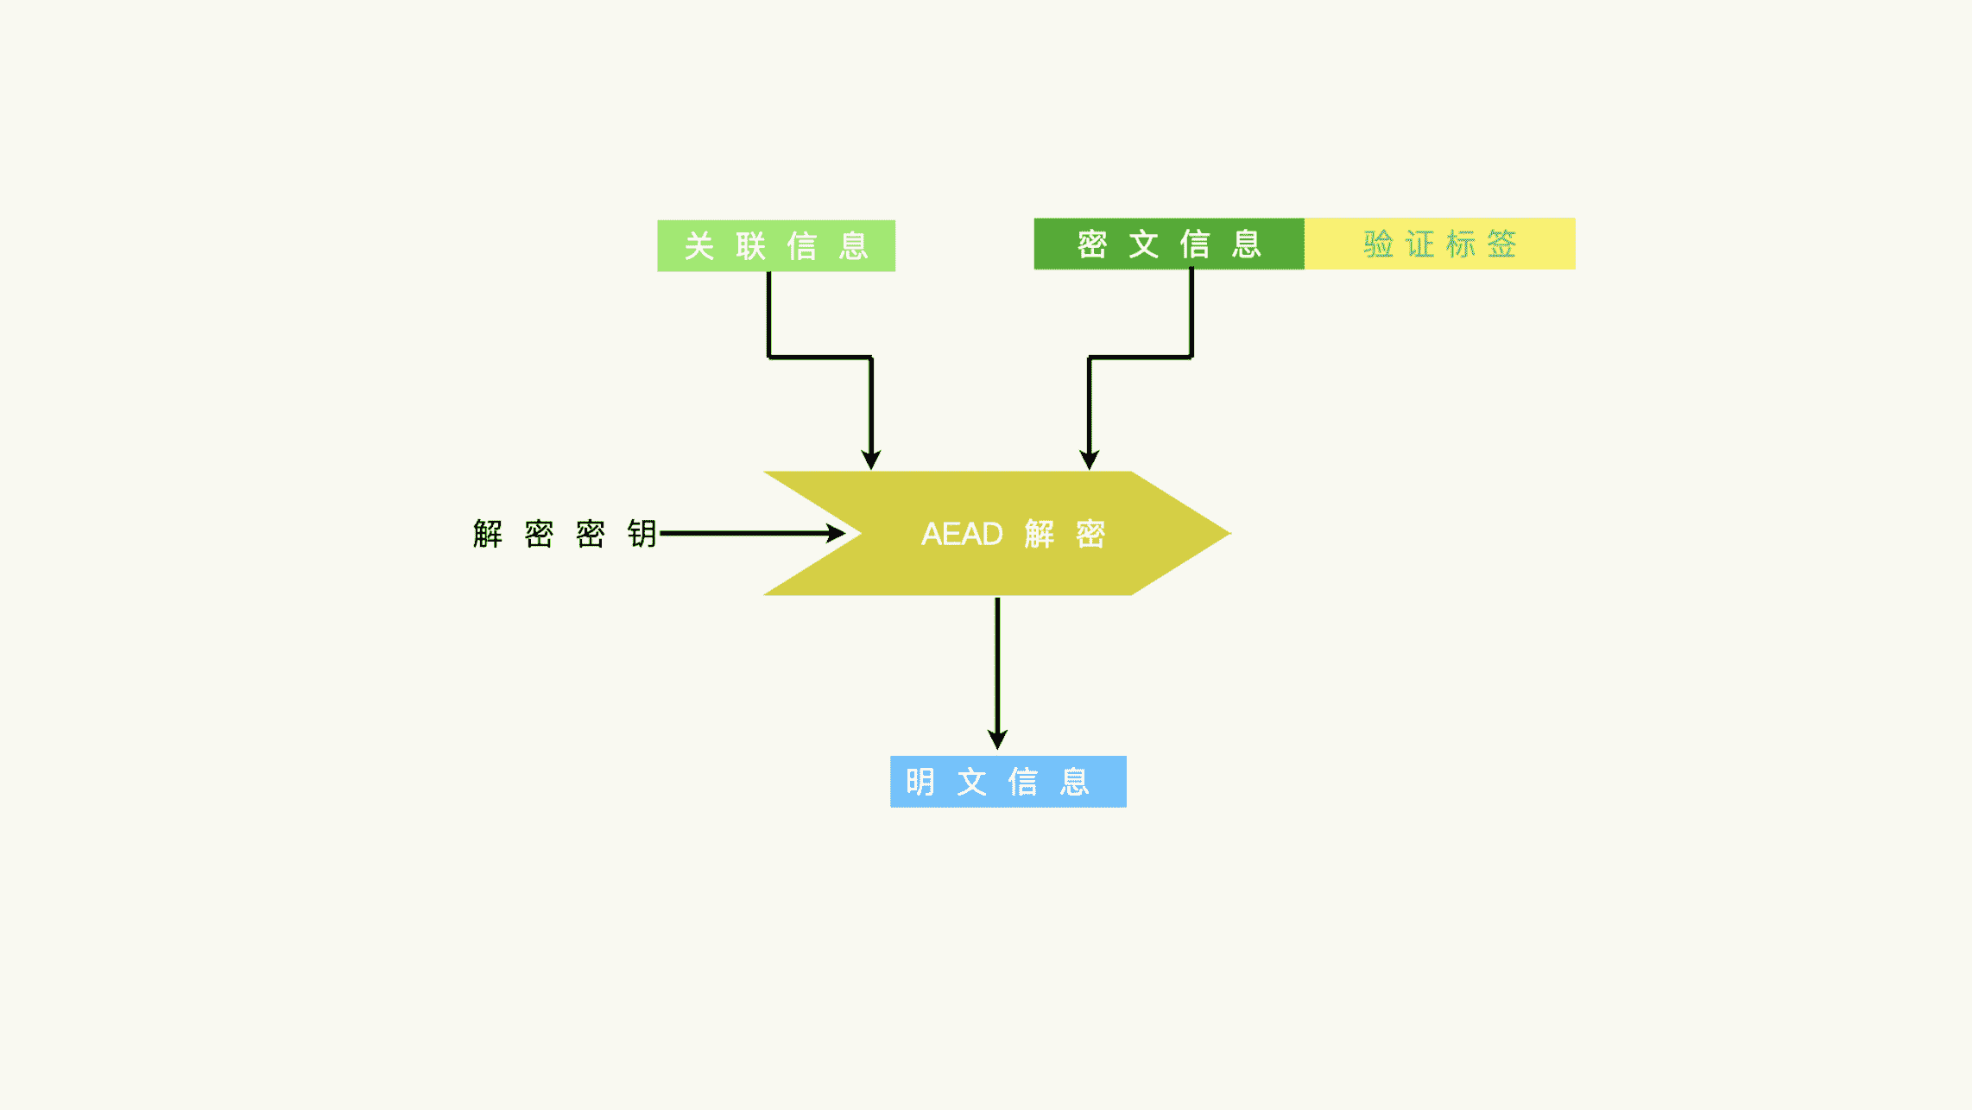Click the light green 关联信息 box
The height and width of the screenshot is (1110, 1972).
point(775,246)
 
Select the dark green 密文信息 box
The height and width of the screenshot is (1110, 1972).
point(1168,244)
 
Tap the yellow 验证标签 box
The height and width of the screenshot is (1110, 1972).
point(1439,244)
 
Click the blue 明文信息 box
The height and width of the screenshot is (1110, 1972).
point(1008,782)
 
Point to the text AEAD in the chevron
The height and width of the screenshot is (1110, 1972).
point(962,535)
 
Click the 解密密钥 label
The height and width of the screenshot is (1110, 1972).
point(565,534)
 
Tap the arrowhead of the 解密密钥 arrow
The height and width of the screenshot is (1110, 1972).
point(836,534)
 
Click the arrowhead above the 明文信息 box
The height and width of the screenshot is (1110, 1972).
point(997,739)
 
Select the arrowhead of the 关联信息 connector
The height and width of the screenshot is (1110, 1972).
point(871,459)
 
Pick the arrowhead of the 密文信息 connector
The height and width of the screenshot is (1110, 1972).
point(1090,459)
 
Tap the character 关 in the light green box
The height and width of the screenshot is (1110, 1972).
point(699,246)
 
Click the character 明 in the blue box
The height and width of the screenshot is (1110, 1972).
point(920,782)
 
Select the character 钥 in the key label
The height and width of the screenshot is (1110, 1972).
point(642,534)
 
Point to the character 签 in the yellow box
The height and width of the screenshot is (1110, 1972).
point(1501,244)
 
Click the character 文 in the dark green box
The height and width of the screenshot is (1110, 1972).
point(1144,244)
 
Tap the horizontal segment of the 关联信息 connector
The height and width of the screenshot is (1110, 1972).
point(820,357)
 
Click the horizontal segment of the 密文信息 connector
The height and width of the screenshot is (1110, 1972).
point(1141,357)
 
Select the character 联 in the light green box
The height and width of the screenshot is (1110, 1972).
point(751,246)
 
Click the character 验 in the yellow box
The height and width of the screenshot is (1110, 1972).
point(1378,244)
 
